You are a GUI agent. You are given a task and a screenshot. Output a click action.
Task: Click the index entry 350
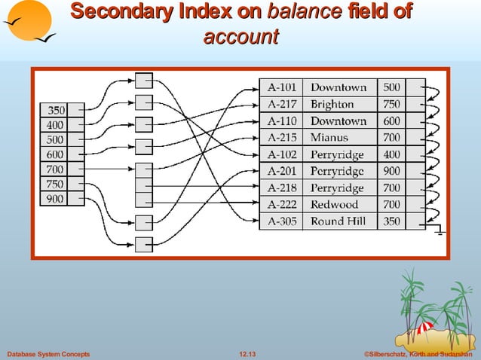[55, 110]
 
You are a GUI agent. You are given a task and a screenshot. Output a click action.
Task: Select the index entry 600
[55, 154]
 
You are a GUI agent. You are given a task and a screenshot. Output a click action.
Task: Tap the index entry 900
[55, 200]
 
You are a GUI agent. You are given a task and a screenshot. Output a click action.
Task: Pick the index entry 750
[55, 185]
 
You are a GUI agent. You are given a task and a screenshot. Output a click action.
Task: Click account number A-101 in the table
[281, 87]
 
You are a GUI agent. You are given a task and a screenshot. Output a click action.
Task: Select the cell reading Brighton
[332, 104]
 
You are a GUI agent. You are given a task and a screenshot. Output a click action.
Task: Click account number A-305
[281, 221]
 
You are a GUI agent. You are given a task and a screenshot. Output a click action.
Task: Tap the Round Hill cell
[338, 221]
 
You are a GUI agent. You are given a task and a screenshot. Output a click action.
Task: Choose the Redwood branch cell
[333, 205]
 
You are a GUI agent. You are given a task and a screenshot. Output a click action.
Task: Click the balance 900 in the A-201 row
[392, 171]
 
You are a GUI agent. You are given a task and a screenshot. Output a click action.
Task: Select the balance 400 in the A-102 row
[392, 154]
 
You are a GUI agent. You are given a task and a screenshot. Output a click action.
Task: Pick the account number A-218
[281, 188]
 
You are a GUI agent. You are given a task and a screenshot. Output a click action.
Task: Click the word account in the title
[241, 36]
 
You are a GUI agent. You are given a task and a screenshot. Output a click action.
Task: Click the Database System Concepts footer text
[48, 353]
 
